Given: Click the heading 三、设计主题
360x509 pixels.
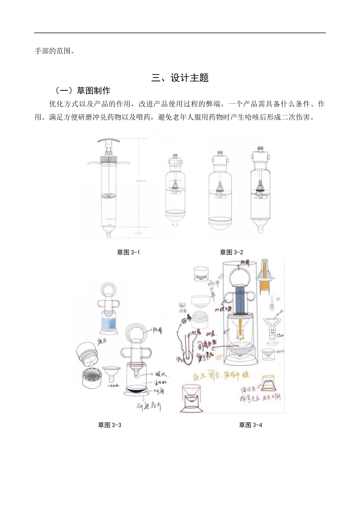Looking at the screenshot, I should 180,78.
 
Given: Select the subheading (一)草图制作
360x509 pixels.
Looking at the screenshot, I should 83,91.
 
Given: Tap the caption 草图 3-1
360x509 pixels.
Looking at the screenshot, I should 128,253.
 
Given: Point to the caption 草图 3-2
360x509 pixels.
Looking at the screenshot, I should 232,253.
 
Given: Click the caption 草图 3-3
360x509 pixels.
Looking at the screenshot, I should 110,425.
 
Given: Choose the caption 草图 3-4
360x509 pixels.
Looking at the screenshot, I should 250,425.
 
